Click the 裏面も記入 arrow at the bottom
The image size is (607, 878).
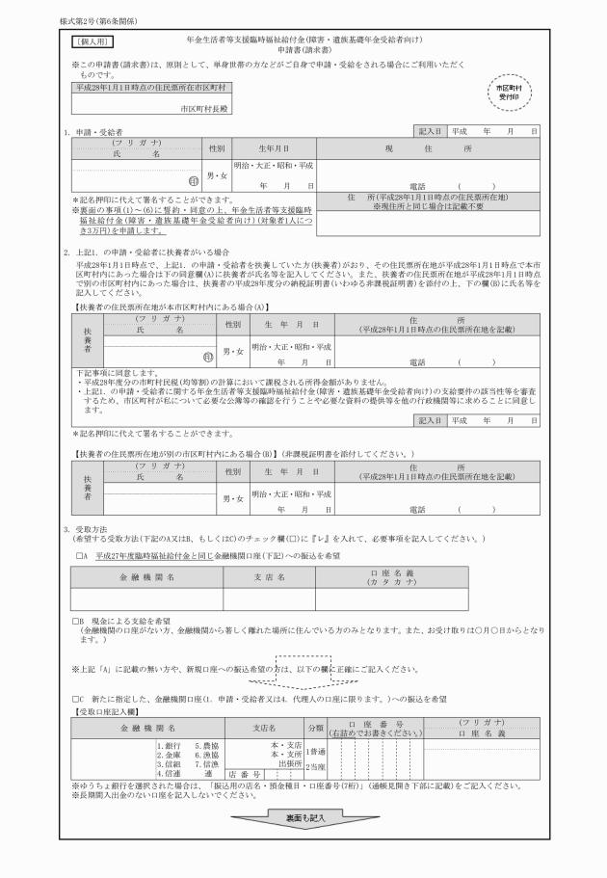point(303,817)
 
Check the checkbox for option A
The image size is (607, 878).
point(80,555)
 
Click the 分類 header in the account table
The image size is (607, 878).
point(315,728)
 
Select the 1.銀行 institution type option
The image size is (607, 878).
point(174,745)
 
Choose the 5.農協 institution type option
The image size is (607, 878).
point(209,745)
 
